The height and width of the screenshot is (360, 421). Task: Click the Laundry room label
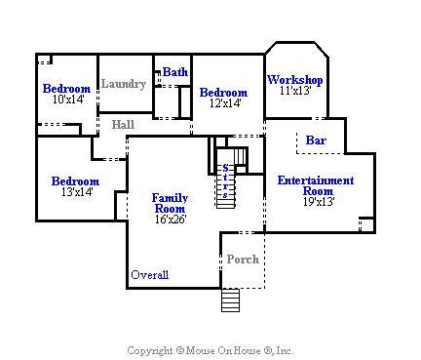tap(124, 84)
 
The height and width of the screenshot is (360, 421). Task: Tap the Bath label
tap(175, 72)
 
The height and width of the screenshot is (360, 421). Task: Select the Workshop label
tap(295, 80)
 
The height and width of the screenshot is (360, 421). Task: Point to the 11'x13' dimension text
tap(295, 91)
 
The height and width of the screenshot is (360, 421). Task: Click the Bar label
tap(316, 140)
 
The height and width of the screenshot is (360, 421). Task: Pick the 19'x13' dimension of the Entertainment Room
tap(319, 202)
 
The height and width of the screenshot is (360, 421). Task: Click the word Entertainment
tap(316, 180)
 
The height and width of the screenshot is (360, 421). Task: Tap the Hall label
tap(123, 124)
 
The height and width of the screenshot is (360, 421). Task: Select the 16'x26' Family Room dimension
tap(171, 220)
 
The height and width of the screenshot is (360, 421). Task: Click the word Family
tap(170, 198)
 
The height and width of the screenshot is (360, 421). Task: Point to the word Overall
tap(150, 275)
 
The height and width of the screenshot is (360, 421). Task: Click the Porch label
tap(243, 260)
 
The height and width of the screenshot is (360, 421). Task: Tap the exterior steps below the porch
tap(231, 300)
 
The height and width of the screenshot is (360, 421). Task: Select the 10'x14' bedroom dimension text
tap(68, 100)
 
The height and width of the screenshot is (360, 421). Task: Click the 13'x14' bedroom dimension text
tap(77, 192)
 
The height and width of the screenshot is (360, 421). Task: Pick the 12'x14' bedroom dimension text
tap(225, 103)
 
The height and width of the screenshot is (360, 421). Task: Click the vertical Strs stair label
tap(225, 181)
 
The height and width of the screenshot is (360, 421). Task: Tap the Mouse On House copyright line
tap(210, 350)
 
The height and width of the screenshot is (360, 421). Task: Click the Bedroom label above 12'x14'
tap(223, 93)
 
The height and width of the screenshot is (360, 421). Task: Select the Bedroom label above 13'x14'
tap(75, 181)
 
